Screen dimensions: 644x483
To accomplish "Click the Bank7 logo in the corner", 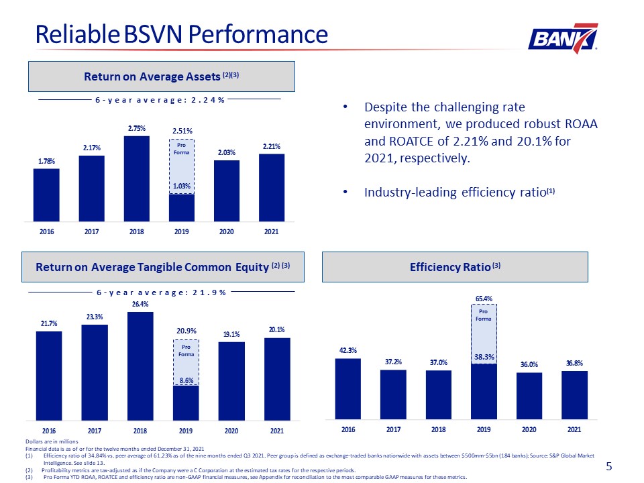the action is [x=563, y=38].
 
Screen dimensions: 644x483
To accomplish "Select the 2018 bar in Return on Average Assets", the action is [x=136, y=178].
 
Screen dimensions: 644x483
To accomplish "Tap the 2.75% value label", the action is [x=136, y=128].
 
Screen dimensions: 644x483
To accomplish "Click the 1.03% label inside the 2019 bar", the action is [x=182, y=186].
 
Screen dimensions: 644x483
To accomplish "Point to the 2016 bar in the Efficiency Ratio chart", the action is [x=348, y=389].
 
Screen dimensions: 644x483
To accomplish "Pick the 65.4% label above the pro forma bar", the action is [x=484, y=299].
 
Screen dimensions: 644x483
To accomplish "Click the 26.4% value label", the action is [x=140, y=304].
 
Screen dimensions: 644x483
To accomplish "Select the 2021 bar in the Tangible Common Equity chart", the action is [x=277, y=379].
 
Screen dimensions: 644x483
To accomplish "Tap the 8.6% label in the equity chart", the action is [x=186, y=380].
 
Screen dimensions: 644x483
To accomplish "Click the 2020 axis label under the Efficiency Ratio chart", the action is [x=529, y=429].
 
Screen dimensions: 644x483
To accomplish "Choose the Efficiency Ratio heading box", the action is [x=455, y=267].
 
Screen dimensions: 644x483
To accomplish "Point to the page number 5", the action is [x=609, y=466].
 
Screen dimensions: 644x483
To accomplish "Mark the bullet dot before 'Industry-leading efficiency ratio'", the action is [x=346, y=192].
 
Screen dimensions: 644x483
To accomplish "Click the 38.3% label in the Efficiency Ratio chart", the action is [x=484, y=357].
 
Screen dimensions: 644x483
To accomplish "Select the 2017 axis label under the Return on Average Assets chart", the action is [x=92, y=231].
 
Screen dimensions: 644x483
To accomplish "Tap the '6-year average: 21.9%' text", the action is [x=161, y=292].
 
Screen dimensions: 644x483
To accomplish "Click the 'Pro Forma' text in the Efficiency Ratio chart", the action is [x=484, y=315].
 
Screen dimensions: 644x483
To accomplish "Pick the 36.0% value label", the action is [x=529, y=364].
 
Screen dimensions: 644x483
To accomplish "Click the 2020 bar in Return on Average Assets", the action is [x=226, y=191].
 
